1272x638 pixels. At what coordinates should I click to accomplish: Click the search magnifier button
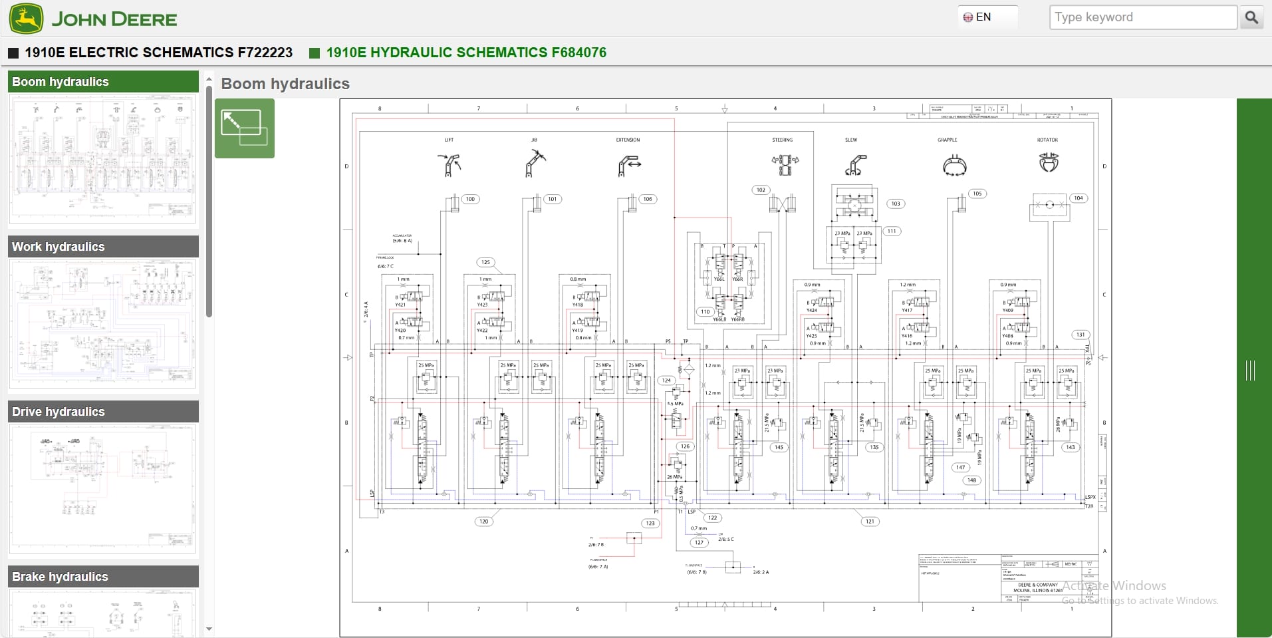point(1251,17)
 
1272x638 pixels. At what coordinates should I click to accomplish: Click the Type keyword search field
point(1142,17)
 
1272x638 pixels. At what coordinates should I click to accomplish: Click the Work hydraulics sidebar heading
point(103,247)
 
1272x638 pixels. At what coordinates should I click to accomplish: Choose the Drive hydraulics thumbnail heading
point(103,412)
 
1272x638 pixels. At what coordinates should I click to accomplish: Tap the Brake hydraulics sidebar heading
point(103,577)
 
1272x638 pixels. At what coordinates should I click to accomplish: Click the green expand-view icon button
point(244,128)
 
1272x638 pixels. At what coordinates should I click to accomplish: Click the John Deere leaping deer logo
point(27,18)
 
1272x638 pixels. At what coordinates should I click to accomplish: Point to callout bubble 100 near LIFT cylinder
point(470,199)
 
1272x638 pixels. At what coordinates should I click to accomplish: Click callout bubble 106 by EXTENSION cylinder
point(647,199)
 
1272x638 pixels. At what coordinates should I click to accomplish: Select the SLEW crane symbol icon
point(855,164)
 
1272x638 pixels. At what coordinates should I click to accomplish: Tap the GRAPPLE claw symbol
point(954,165)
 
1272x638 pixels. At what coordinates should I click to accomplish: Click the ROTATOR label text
point(1047,140)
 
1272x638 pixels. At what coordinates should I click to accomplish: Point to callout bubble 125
point(485,262)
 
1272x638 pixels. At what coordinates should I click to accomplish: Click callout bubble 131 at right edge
point(1081,335)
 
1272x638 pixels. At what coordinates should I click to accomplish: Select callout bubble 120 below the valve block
point(483,522)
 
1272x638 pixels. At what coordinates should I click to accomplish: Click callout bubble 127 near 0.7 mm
point(698,543)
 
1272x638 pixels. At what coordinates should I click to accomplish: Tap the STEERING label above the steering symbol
point(782,140)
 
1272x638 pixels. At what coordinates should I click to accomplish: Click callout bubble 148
point(971,480)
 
